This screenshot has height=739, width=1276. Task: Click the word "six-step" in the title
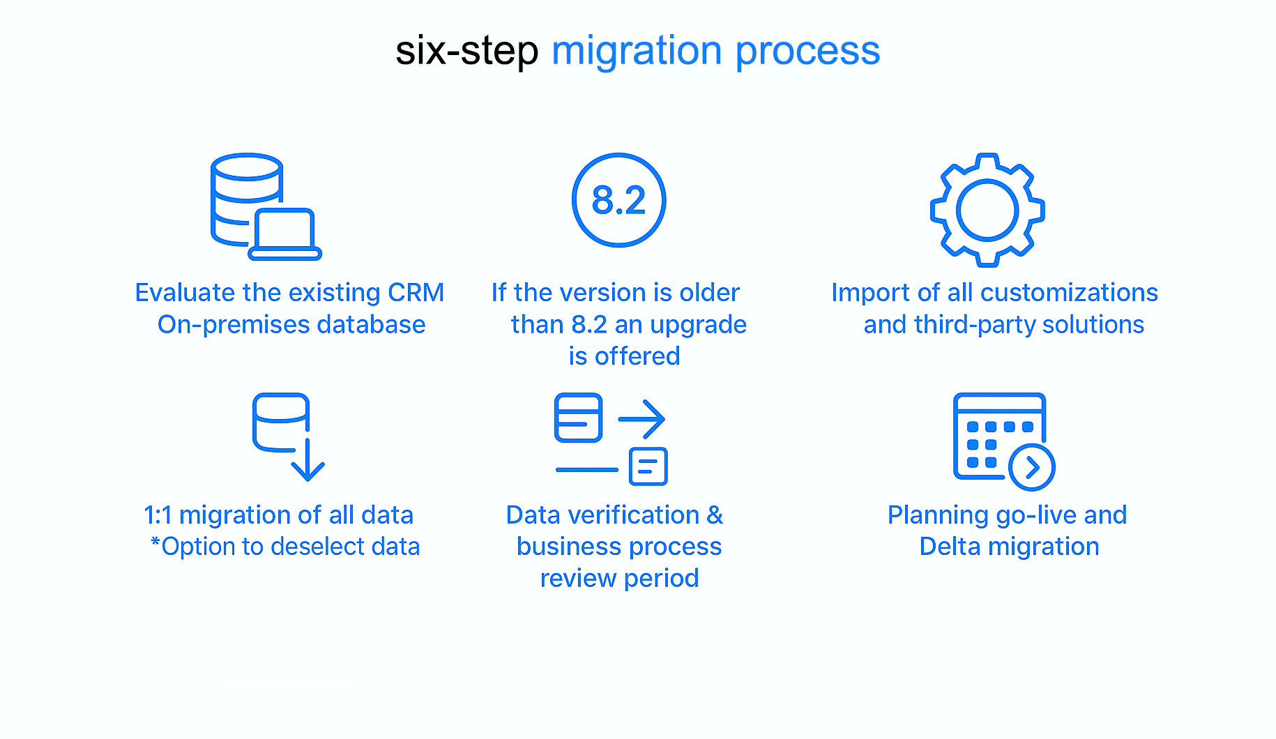[467, 51]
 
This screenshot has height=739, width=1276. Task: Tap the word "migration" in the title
[637, 52]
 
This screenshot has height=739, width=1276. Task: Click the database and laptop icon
[266, 206]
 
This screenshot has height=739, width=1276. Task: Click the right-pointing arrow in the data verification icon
[642, 419]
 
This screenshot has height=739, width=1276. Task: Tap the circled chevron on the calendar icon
[1032, 467]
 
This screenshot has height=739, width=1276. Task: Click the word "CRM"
[416, 293]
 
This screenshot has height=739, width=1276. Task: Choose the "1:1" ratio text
[158, 515]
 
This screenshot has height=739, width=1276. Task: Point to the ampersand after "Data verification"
[715, 515]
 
